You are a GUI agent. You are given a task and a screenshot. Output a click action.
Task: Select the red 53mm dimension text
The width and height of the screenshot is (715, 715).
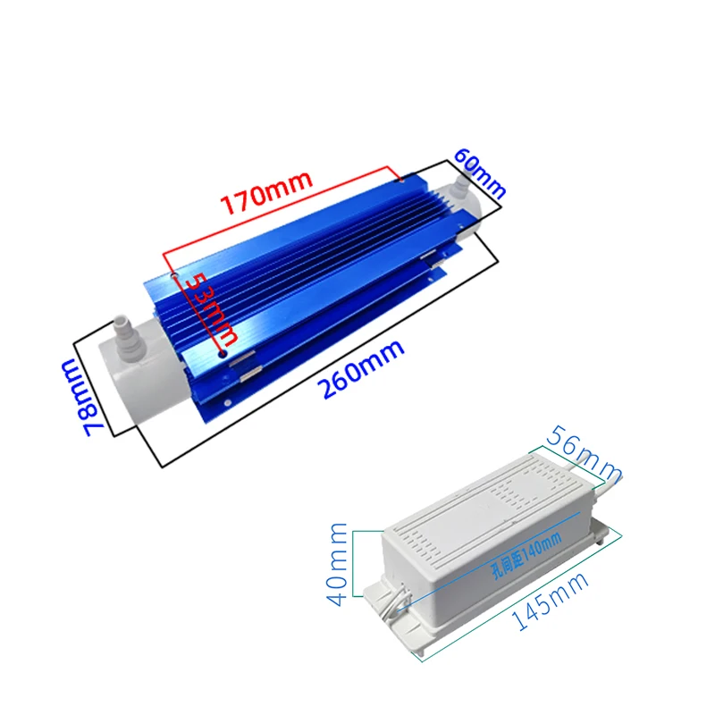(x=211, y=309)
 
